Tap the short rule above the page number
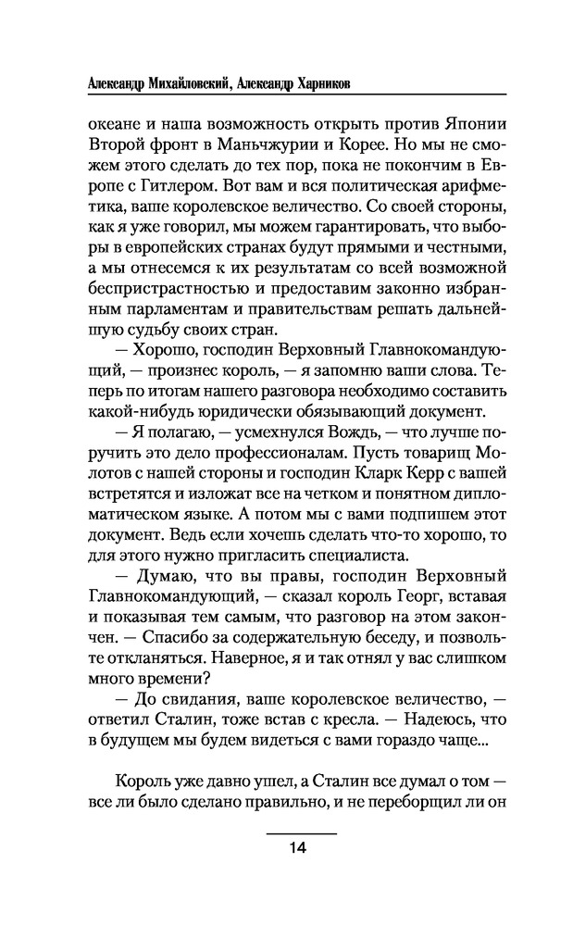pos(298,832)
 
